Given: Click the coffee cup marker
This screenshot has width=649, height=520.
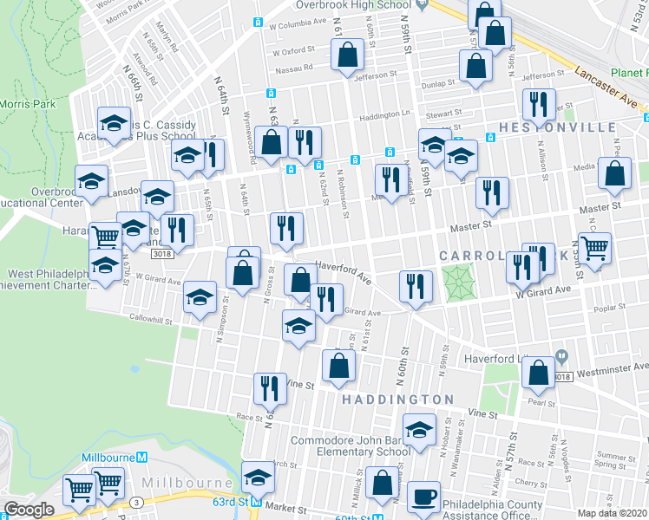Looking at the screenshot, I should [x=423, y=497].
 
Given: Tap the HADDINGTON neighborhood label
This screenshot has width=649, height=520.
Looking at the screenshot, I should [x=397, y=399].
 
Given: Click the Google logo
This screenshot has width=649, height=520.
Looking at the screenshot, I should [x=29, y=510].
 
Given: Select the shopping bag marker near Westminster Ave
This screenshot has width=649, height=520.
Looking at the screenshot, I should [x=539, y=373].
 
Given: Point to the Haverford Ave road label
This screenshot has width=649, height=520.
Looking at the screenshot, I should [x=343, y=273].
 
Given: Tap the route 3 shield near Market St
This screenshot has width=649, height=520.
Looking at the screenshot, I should [x=136, y=502].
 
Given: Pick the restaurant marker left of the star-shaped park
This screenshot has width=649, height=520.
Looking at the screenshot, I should [x=416, y=286].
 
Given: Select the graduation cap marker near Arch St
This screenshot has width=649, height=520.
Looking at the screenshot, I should [x=258, y=476].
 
